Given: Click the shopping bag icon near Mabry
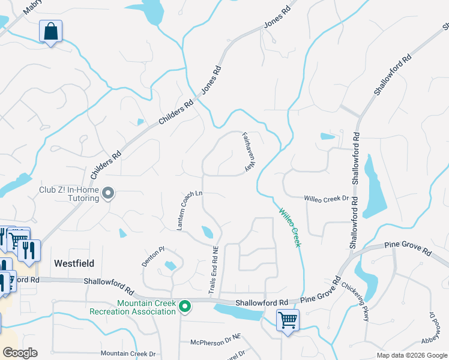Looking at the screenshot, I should coord(50,31).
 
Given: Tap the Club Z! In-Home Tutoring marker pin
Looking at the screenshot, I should coord(108,193).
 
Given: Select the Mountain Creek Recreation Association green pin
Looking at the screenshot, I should coord(185,307).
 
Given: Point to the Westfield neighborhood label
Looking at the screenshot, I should coord(74,263).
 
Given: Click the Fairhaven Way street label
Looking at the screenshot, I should coord(247,152).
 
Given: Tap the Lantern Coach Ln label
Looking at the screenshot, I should coord(190,211).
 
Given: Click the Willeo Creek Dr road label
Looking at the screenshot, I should coord(326,198).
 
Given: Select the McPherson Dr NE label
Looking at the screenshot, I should coord(215,342).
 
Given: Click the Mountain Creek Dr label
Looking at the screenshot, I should coord(128,354).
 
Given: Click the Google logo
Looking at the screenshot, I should coord(20,353).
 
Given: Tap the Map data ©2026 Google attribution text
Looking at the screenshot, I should coord(411,355).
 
